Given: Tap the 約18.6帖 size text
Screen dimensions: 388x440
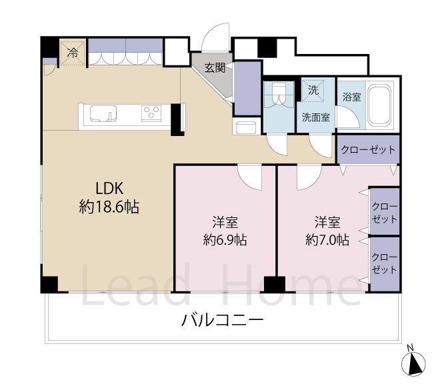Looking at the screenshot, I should click(x=109, y=207).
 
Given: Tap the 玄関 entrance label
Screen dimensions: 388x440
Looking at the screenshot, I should click(x=215, y=67).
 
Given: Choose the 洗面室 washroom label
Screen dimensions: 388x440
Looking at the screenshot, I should click(x=315, y=117).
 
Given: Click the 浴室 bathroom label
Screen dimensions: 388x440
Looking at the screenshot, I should click(x=351, y=97).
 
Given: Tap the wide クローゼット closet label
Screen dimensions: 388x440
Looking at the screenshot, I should click(x=369, y=149).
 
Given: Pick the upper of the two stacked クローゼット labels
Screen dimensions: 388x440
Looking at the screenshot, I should click(x=384, y=213).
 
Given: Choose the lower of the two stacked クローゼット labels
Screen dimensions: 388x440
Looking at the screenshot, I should click(x=384, y=264).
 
